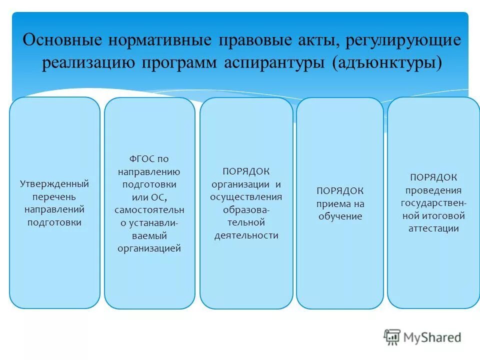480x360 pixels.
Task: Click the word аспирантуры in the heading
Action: pos(272,63)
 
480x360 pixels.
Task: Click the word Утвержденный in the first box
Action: pos(54,183)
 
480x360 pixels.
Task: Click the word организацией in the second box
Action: pos(149,248)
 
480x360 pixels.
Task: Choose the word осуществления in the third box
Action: pos(246,196)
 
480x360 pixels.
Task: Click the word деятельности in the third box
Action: pos(246,235)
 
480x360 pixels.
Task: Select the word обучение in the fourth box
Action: pos(340,216)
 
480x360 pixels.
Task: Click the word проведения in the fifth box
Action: pos(433,190)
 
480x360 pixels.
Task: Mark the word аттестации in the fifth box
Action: pos(433,228)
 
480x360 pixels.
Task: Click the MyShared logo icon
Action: pos(392,337)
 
